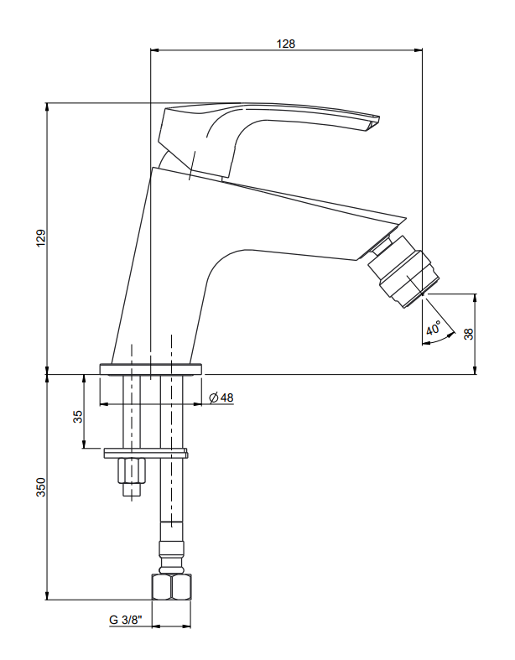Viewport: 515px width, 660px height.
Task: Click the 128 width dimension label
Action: click(x=285, y=44)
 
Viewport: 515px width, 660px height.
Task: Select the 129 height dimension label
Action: click(x=41, y=238)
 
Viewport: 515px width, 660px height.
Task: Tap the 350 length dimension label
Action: click(x=41, y=487)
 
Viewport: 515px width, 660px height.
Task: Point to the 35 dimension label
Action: click(x=78, y=417)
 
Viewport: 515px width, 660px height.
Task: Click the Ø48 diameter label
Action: click(x=221, y=398)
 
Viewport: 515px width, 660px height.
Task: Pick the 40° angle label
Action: click(x=433, y=328)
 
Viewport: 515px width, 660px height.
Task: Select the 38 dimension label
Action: click(x=468, y=334)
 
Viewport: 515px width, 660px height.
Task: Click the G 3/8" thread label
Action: click(x=126, y=620)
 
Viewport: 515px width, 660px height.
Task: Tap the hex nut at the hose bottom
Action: click(x=171, y=587)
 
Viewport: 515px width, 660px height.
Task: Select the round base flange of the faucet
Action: click(x=151, y=369)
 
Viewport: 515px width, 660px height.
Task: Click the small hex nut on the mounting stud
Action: click(x=132, y=471)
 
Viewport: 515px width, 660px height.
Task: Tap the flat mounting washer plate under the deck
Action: click(x=146, y=453)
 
